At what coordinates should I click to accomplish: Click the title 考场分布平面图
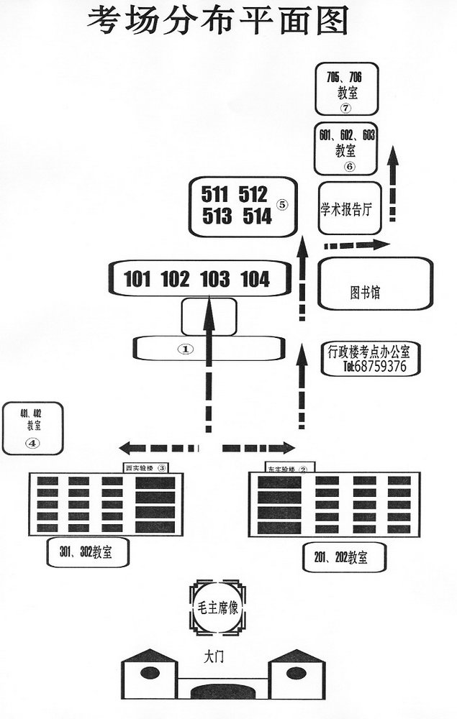(218, 21)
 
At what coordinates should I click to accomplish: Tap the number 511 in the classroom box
(214, 194)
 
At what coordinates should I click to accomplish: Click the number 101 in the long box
(137, 279)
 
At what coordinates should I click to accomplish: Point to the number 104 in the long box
(255, 279)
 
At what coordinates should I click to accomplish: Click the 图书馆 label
(365, 293)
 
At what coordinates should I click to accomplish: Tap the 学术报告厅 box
(348, 209)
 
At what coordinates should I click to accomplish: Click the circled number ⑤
(281, 204)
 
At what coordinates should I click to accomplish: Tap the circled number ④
(32, 443)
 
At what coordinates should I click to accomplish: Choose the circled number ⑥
(349, 166)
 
